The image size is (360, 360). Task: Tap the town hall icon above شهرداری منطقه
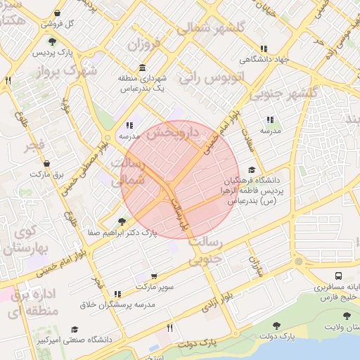click(x=143, y=67)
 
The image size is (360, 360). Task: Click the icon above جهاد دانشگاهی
click(x=264, y=49)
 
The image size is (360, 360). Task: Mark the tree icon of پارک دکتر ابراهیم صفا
click(x=122, y=221)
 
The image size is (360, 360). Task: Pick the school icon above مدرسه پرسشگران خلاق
click(x=117, y=294)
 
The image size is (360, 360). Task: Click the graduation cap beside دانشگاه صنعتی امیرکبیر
click(x=75, y=330)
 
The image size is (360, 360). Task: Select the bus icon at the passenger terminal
click(x=340, y=277)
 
